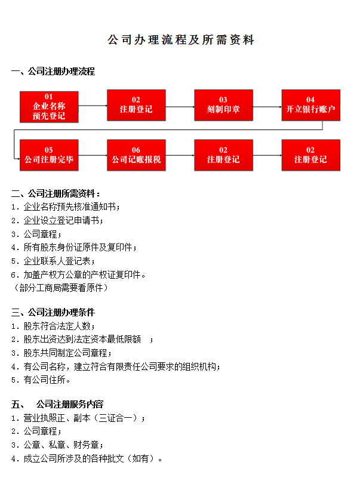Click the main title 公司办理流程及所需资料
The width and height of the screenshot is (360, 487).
181,40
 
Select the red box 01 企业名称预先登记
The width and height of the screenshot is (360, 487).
49,107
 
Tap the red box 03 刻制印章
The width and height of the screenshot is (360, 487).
223,105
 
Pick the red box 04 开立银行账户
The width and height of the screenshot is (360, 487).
310,105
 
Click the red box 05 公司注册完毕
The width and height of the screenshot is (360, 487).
49,155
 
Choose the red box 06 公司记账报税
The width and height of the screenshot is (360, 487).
136,155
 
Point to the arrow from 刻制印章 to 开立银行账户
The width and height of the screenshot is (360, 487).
267,106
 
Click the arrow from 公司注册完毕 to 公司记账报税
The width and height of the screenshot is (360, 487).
93,155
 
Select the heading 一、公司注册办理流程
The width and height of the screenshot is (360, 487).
53,72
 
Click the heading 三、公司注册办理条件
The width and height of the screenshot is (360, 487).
53,312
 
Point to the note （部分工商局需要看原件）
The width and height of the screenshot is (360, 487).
60,288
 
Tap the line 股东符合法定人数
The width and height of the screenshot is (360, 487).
53,326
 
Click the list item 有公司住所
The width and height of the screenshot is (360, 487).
42,380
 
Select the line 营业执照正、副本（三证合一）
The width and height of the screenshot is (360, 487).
78,418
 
